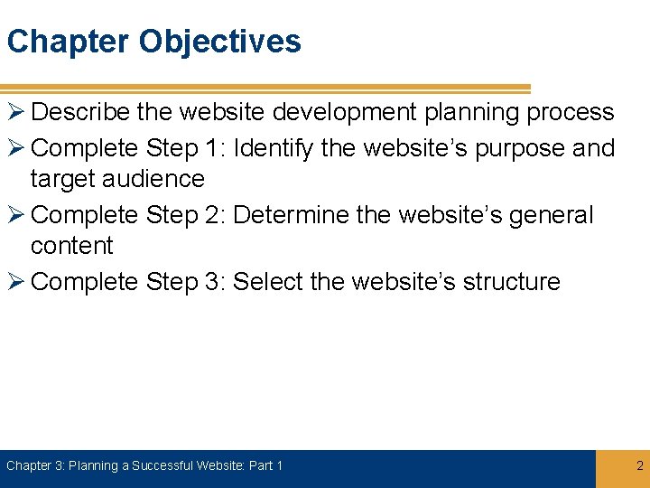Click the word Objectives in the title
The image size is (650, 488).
click(219, 42)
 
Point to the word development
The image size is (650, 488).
click(348, 113)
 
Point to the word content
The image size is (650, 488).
click(71, 246)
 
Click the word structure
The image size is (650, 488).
click(511, 282)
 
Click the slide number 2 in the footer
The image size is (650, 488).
click(639, 466)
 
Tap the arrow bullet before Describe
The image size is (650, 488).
click(15, 113)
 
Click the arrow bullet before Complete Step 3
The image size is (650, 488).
click(15, 282)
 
